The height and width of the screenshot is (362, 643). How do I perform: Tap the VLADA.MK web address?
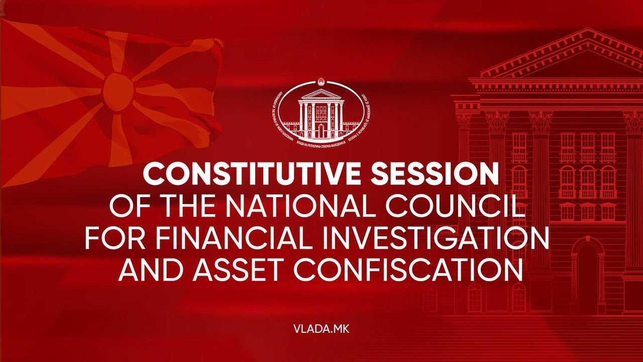(x=321, y=329)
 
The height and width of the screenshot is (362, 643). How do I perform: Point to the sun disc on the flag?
(x=119, y=91)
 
